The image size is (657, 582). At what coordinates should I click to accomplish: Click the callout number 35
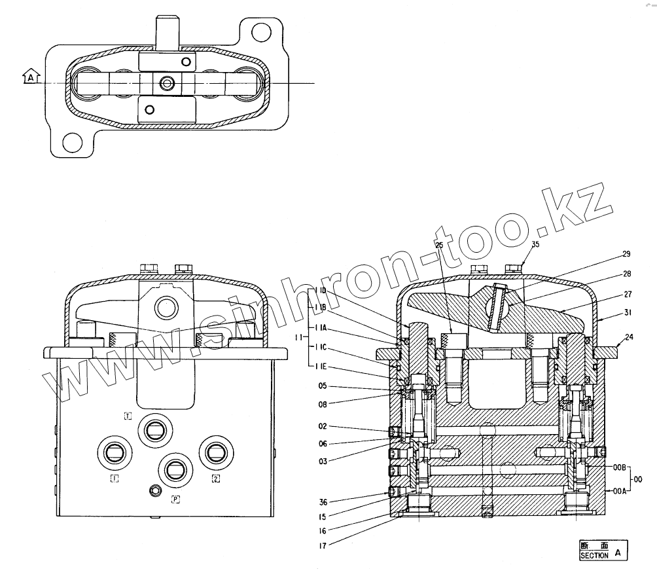(x=535, y=244)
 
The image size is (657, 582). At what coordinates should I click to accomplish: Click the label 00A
(x=620, y=490)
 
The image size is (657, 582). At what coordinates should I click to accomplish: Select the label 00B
(x=620, y=467)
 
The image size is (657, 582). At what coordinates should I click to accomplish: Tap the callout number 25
(x=438, y=244)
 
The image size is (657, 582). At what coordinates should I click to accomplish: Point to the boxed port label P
(x=175, y=500)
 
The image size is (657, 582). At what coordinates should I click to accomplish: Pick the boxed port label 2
(x=215, y=479)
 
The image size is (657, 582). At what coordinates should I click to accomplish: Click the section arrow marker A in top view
(x=30, y=78)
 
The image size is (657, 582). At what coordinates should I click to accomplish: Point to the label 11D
(x=320, y=290)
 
